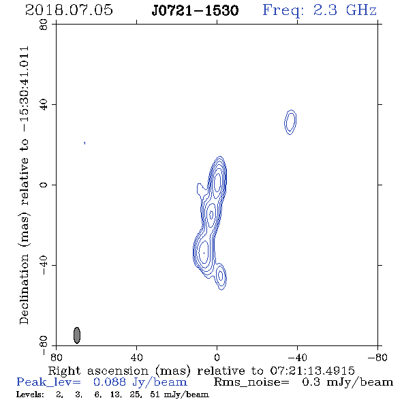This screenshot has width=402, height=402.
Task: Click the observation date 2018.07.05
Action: click(69, 10)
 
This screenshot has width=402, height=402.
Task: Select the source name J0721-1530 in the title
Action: click(195, 11)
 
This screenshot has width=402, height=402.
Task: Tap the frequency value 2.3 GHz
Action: click(345, 10)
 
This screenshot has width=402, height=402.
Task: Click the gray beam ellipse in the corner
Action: click(77, 335)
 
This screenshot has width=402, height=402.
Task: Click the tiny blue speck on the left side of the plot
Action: click(84, 143)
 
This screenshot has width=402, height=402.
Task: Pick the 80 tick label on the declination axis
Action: click(44, 25)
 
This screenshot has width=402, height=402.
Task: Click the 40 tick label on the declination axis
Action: click(44, 105)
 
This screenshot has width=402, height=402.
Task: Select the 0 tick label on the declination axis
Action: click(44, 185)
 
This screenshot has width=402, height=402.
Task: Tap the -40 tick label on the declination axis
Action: click(44, 265)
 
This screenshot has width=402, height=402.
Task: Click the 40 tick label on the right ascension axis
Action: click(136, 358)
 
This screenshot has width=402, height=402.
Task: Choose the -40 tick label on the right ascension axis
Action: click(297, 358)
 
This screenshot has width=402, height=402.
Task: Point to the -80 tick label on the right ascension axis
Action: click(377, 358)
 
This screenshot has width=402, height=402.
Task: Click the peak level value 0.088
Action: click(110, 382)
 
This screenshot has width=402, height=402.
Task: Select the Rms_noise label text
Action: click(251, 382)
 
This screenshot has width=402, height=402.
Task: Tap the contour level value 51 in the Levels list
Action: click(155, 395)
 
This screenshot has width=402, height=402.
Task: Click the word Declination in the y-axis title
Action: click(24, 289)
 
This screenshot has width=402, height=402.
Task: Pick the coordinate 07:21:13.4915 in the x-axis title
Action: click(312, 371)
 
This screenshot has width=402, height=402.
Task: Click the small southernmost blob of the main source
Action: click(221, 277)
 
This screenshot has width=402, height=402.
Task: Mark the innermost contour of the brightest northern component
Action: click(217, 182)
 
